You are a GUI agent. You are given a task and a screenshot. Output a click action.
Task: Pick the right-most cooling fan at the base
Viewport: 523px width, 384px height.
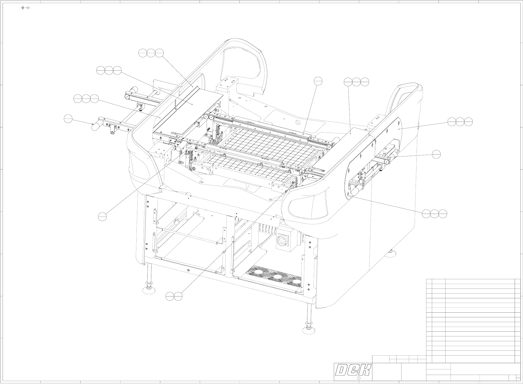click(x=295, y=282)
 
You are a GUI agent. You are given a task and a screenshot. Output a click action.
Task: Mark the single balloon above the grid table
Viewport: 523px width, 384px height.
click(x=318, y=81)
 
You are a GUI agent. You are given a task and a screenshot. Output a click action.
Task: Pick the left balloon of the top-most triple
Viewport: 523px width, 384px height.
click(x=143, y=53)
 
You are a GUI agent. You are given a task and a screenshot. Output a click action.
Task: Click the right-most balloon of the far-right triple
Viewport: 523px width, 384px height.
click(x=469, y=121)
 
